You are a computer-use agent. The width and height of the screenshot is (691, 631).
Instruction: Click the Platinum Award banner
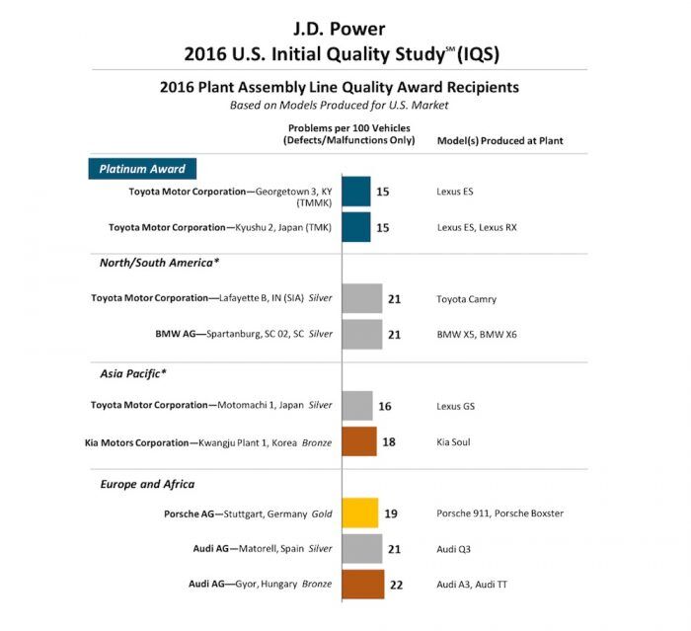tap(142, 169)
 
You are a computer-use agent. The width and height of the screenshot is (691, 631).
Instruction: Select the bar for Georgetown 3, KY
tap(356, 192)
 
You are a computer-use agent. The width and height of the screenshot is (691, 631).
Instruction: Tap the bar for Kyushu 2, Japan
tap(356, 227)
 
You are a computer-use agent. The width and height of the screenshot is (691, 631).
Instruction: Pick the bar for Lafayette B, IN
tap(362, 298)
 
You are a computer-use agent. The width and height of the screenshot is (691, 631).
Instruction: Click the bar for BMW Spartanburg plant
tap(362, 334)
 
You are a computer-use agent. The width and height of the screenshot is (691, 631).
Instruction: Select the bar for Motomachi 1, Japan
tap(357, 405)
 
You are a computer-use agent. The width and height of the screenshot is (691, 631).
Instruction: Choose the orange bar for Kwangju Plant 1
tap(359, 441)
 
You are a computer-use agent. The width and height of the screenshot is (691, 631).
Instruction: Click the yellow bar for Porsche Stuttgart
tap(360, 513)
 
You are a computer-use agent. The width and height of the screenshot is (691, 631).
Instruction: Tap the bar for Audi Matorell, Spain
tap(362, 548)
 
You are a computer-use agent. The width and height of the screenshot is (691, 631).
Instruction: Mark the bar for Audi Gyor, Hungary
tap(363, 584)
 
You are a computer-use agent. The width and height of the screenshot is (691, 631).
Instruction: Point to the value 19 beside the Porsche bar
tap(391, 513)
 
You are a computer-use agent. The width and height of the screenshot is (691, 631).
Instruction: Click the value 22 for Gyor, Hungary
tap(397, 585)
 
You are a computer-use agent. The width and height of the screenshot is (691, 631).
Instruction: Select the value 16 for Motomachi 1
tap(385, 405)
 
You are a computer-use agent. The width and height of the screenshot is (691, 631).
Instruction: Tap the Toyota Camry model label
tap(466, 298)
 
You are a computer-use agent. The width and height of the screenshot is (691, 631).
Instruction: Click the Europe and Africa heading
tap(148, 484)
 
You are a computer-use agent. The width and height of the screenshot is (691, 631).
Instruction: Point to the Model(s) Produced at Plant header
tap(499, 141)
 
